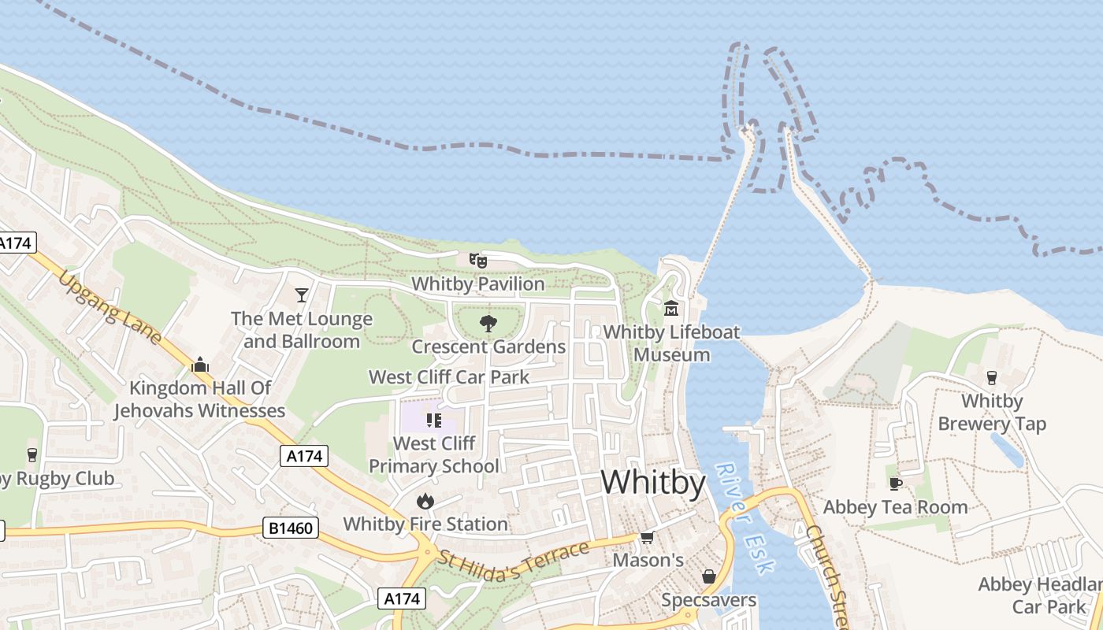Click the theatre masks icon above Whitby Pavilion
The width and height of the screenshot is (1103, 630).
[x=477, y=260]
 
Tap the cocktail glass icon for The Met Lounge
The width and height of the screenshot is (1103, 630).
[x=301, y=295]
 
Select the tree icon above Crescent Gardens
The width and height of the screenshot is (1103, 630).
[x=488, y=323]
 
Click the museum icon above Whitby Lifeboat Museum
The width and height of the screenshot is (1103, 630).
[x=671, y=308]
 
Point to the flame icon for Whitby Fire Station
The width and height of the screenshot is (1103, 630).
[x=425, y=501]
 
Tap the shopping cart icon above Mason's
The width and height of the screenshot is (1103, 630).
[x=647, y=537]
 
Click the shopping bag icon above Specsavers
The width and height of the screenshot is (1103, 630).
[x=708, y=577]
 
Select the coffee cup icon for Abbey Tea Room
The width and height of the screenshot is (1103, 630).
[x=895, y=484]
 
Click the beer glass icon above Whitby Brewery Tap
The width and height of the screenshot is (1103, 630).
[x=991, y=378]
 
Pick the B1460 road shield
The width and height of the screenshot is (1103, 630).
[x=291, y=528]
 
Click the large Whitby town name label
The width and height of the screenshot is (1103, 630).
[x=653, y=482]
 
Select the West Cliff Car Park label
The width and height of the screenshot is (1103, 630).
[x=449, y=377]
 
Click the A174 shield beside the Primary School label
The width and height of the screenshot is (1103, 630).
[x=303, y=455]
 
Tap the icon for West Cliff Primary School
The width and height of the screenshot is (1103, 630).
[x=433, y=420]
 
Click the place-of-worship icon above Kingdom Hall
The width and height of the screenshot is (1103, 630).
[x=200, y=365]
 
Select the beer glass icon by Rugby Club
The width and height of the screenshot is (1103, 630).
[x=32, y=455]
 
